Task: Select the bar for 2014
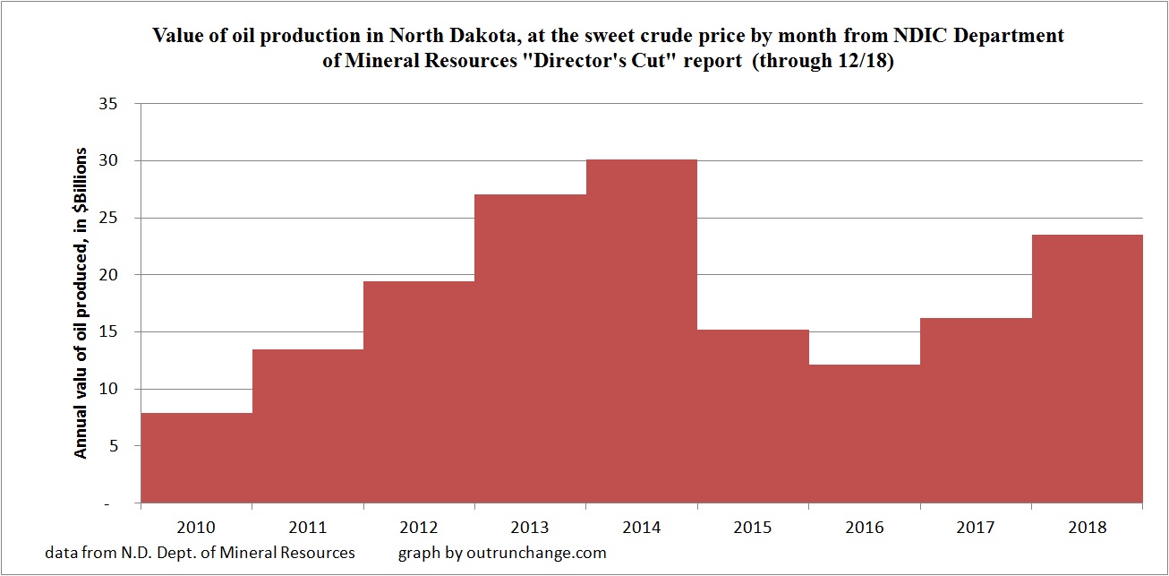pos(642,331)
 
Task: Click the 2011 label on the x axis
pos(308,529)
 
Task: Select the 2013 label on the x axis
pos(530,529)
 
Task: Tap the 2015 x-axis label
pos(753,529)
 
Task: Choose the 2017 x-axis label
pos(976,529)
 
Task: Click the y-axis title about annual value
pos(81,304)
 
